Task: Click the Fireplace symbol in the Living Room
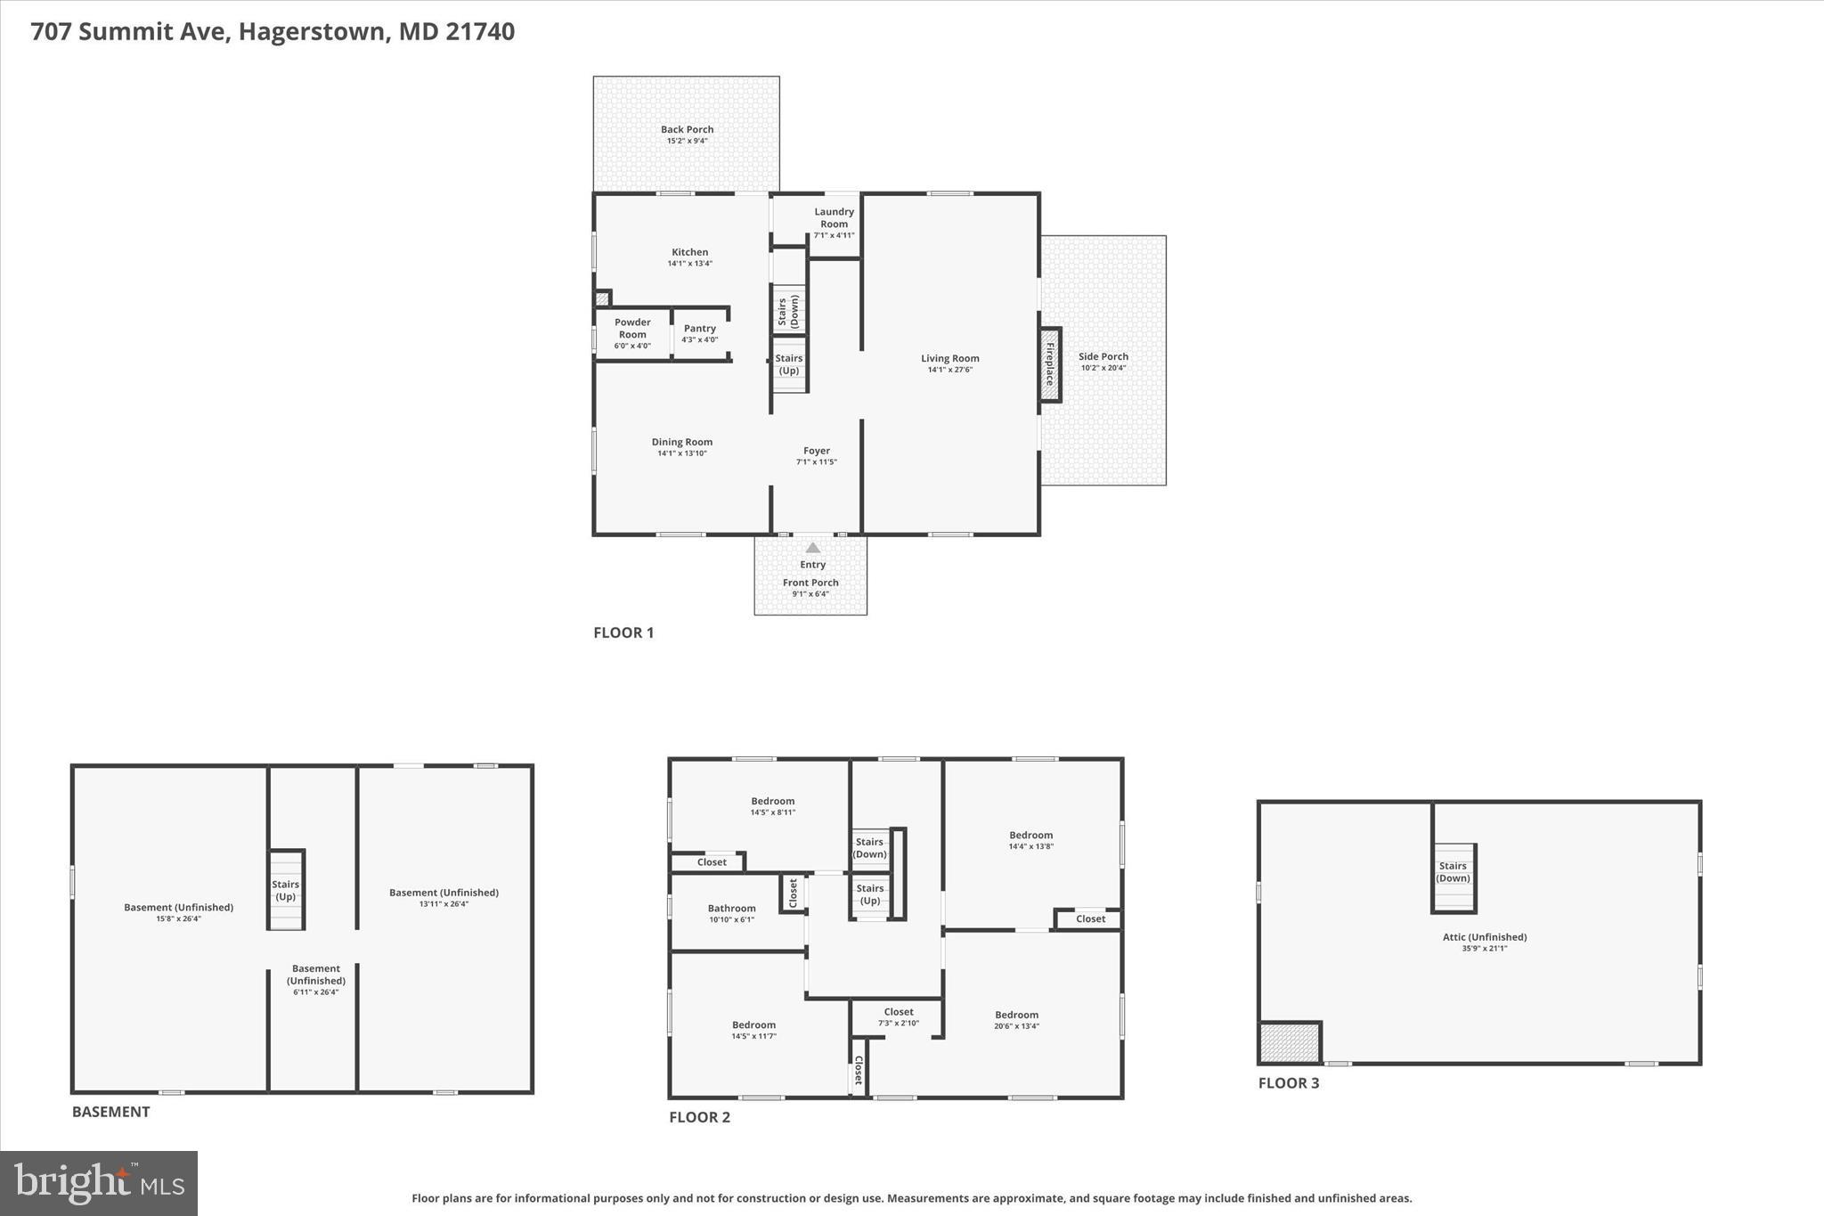(x=1049, y=364)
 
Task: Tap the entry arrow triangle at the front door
(x=812, y=548)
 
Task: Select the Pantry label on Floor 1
(x=699, y=329)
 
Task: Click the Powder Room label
(x=632, y=328)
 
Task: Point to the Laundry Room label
(x=834, y=217)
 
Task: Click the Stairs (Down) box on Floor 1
(x=788, y=311)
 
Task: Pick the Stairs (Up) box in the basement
(x=286, y=890)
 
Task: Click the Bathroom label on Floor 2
(x=731, y=909)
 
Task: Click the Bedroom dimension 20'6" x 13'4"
(x=1016, y=1026)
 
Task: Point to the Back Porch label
(x=687, y=129)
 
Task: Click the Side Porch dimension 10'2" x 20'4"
(x=1103, y=368)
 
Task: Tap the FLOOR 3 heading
(x=1288, y=1083)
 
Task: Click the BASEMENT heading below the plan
(x=110, y=1112)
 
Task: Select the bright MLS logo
(x=99, y=1183)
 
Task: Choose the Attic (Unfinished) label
(x=1484, y=937)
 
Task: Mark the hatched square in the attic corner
(x=1289, y=1042)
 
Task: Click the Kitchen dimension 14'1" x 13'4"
(x=689, y=264)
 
